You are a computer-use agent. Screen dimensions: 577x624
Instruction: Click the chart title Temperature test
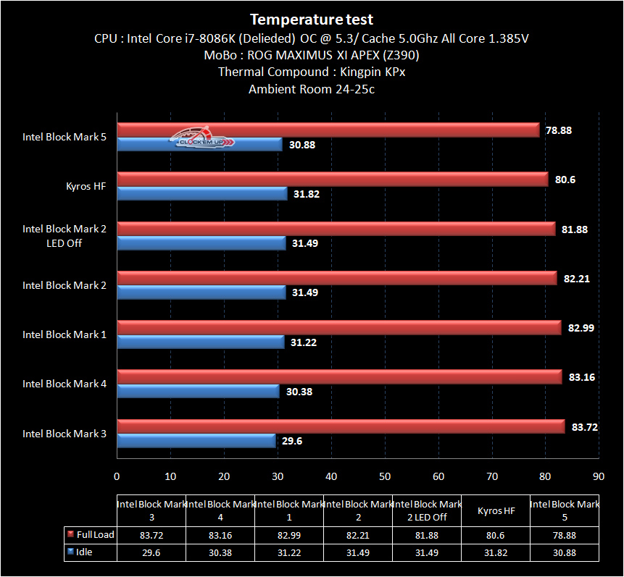[x=312, y=20]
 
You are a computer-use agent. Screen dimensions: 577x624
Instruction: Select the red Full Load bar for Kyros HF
[x=333, y=180]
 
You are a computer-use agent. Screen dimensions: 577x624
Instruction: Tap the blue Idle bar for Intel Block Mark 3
[x=196, y=441]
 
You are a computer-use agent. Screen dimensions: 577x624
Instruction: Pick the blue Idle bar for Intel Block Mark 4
[x=198, y=391]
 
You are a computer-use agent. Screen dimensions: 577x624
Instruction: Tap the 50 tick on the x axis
[x=384, y=476]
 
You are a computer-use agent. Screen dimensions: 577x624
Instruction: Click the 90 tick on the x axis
[x=598, y=476]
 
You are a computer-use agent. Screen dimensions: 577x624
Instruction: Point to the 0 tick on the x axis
[x=117, y=476]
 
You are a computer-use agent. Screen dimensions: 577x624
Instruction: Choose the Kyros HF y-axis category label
[x=86, y=186]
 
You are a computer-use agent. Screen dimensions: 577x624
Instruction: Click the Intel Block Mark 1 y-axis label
[x=65, y=334]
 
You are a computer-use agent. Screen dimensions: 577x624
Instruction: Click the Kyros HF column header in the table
[x=495, y=510]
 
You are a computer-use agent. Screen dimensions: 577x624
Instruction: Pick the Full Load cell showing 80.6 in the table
[x=495, y=535]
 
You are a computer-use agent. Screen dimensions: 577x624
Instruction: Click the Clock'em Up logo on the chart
[x=203, y=138]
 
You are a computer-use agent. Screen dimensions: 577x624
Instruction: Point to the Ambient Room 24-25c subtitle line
[x=312, y=89]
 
